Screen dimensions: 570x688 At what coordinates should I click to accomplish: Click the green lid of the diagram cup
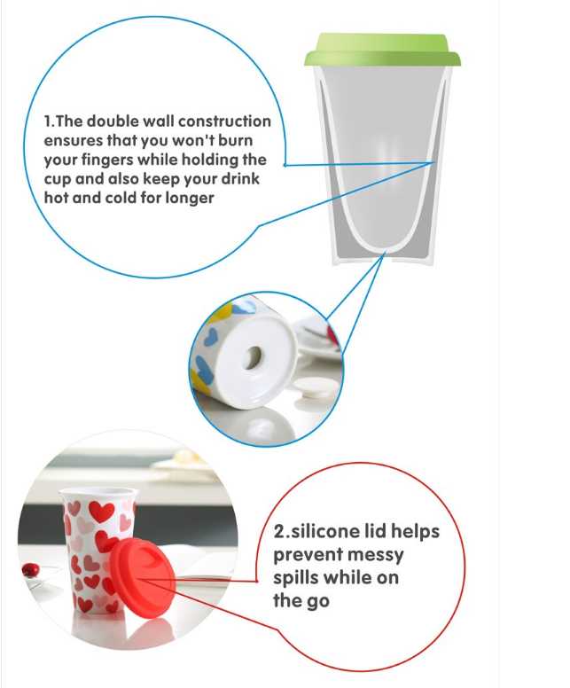tap(383, 51)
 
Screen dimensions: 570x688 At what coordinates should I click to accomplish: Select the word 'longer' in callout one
tap(190, 199)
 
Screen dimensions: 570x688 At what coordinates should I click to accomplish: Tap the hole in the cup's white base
tap(253, 358)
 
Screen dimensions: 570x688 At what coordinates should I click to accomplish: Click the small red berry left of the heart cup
tap(30, 570)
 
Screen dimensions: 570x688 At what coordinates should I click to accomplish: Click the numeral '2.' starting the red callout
tap(281, 532)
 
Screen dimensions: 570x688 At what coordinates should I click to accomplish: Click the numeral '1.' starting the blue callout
tap(49, 121)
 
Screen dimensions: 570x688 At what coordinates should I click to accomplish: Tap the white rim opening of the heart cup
tap(98, 493)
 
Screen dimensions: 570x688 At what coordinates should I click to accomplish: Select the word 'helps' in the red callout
tap(415, 532)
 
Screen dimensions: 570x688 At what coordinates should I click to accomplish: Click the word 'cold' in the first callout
tap(121, 199)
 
